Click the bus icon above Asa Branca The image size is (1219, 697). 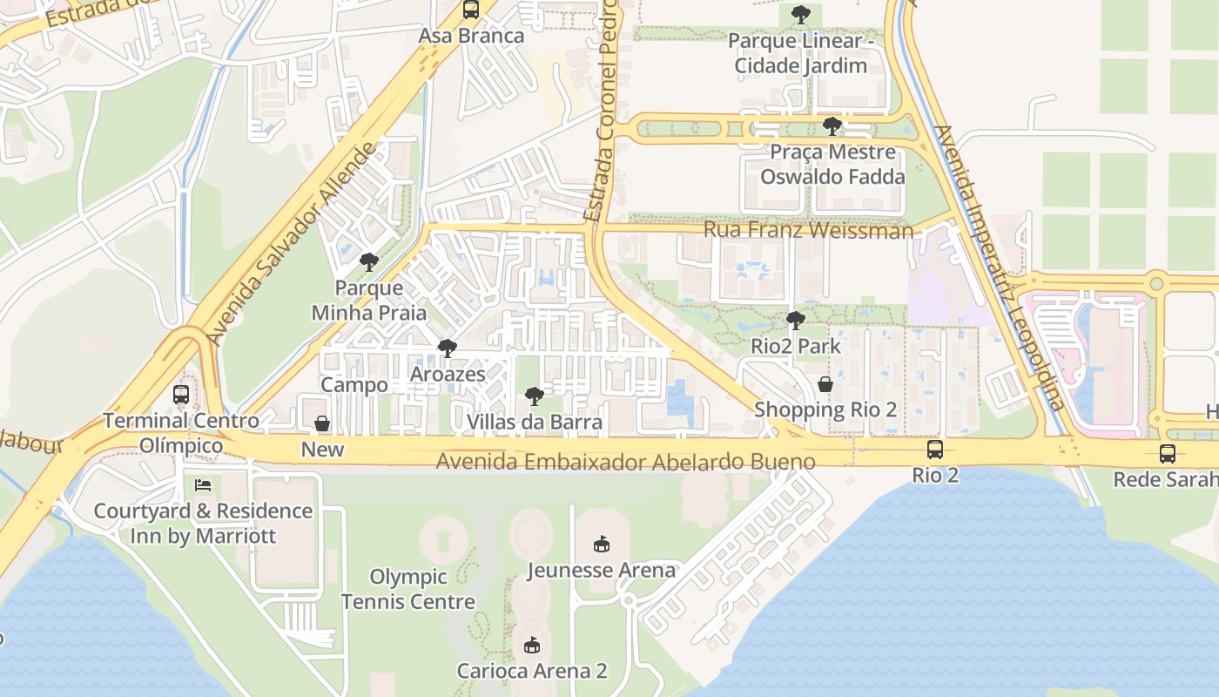tap(471, 10)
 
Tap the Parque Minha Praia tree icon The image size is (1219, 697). tap(369, 261)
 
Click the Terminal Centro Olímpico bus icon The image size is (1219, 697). tap(181, 395)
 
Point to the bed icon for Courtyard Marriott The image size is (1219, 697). tap(203, 484)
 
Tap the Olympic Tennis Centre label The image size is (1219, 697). tap(408, 589)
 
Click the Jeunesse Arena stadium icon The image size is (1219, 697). tap(601, 545)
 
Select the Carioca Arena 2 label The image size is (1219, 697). tap(532, 671)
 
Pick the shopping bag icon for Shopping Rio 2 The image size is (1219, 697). tap(825, 383)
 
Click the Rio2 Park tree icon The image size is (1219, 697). tap(795, 321)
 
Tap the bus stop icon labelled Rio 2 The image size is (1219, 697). tap(934, 450)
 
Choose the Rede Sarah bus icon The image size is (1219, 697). tap(1167, 454)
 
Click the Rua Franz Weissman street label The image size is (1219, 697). tap(808, 230)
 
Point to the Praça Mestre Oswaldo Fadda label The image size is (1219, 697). tap(832, 164)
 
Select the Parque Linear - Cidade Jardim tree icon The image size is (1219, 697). tap(800, 15)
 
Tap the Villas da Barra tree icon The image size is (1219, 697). tap(535, 397)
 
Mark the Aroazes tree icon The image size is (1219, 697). tap(448, 348)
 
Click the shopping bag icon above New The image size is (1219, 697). tap(322, 423)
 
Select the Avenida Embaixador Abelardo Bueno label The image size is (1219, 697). tap(626, 462)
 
